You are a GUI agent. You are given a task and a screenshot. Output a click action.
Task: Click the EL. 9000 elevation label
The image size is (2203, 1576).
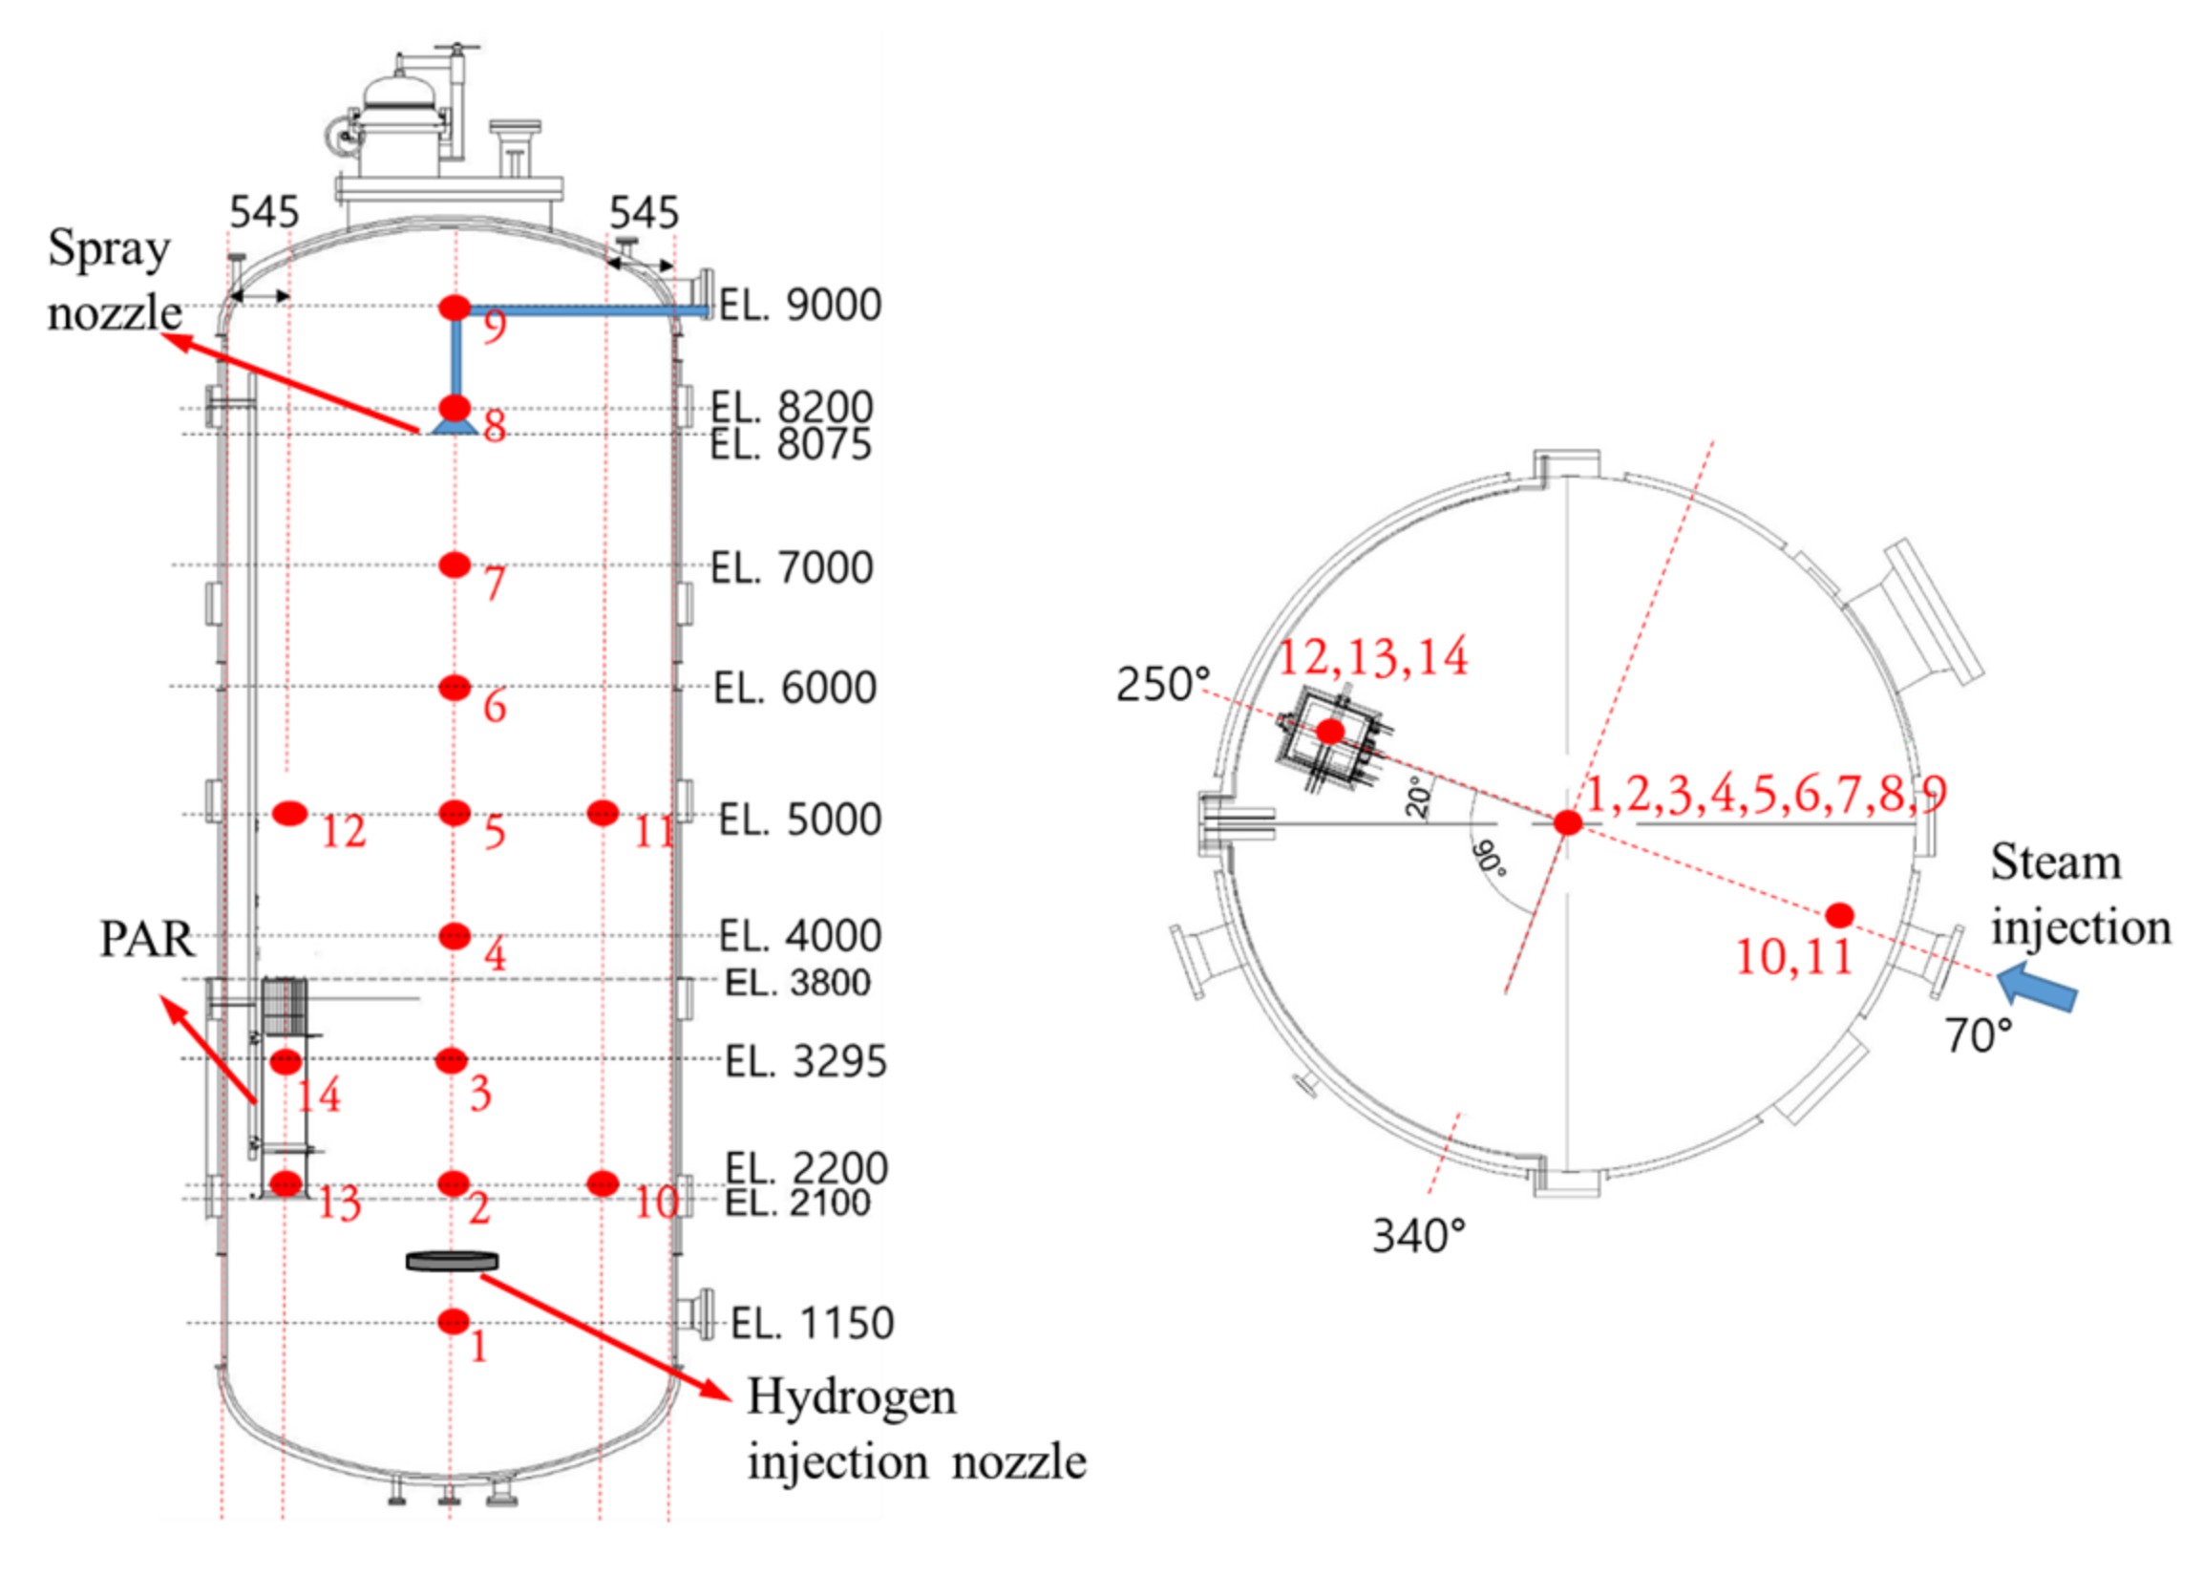coord(799,305)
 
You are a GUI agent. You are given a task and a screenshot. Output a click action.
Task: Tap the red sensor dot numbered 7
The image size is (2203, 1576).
coord(454,564)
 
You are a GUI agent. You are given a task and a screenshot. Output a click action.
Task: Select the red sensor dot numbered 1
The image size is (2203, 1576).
coord(453,1321)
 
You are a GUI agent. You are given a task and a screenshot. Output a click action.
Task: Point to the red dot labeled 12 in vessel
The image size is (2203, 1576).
coord(289,813)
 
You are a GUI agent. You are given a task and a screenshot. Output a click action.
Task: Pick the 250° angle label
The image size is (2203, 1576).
coord(1162,685)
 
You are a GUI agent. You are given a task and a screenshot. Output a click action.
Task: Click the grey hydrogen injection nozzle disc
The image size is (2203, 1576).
coord(452,1262)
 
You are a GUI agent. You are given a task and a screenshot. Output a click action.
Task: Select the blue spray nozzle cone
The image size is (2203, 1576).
coord(452,427)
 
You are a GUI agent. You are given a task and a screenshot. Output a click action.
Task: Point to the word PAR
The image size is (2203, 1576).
coord(146,939)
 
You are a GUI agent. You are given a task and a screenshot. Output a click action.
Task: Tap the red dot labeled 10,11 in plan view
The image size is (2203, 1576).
coord(1839,915)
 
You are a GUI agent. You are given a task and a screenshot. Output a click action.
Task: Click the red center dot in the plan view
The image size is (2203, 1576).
coord(1568,823)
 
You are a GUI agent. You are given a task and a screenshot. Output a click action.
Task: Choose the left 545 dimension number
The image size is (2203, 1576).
coord(264,213)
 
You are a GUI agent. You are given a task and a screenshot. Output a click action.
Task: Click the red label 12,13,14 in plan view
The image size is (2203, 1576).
coord(1372,658)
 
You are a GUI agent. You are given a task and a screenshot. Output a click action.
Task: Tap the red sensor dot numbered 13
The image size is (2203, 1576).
coord(286,1183)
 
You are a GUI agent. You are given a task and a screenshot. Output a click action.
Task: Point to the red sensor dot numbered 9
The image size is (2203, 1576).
coord(454,308)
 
